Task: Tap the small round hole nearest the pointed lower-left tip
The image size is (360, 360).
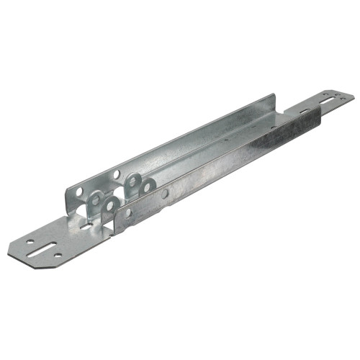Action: pos(30,243)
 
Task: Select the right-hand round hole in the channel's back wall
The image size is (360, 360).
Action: pos(116,174)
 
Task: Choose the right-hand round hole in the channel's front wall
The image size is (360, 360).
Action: pos(165,194)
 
